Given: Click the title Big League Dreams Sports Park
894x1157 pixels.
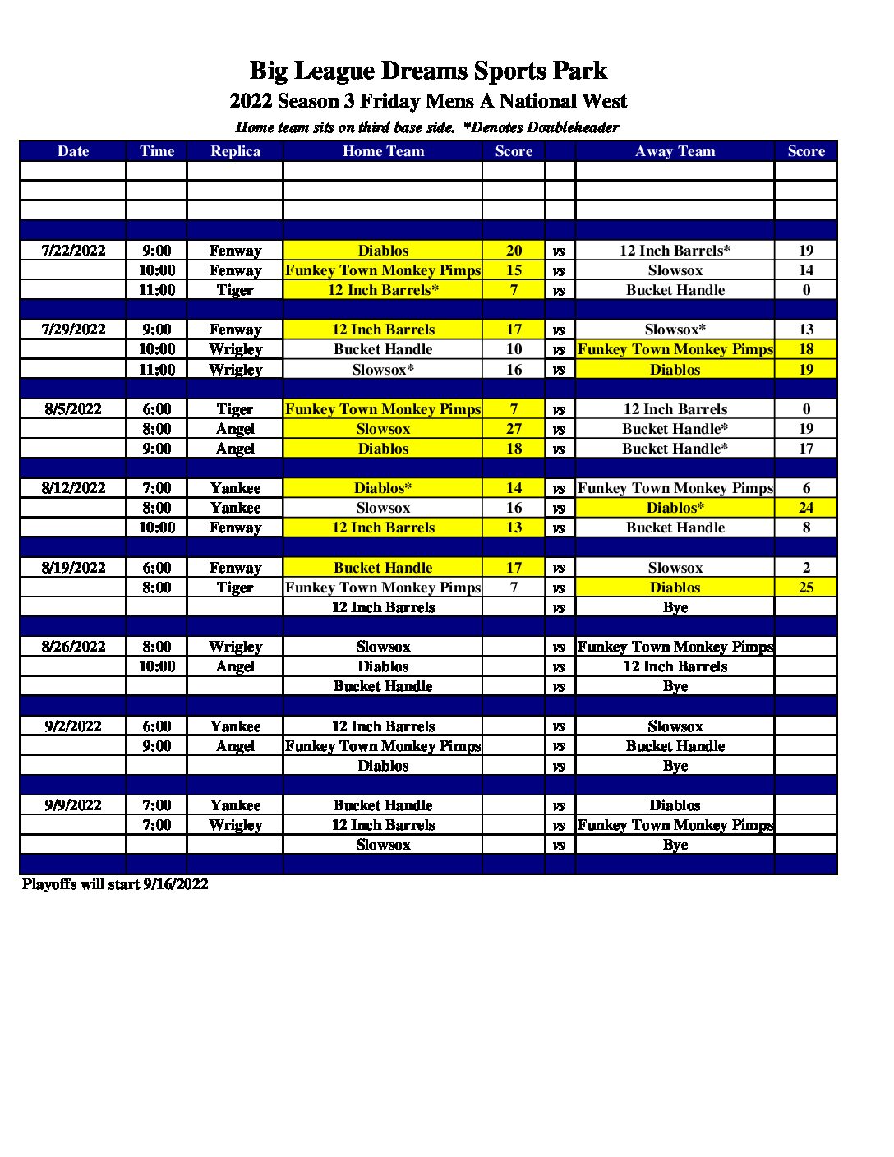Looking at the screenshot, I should tap(428, 71).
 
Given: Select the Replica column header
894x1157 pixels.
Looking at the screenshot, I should tap(235, 151).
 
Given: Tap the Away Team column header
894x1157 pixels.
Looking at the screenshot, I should tap(675, 151).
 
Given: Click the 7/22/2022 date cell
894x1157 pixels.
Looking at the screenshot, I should tap(73, 251).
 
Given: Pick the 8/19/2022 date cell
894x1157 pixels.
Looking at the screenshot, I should tap(73, 568).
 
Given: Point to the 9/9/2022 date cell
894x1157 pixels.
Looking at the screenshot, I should tap(73, 805).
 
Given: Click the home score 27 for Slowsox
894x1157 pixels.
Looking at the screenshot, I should tap(514, 429).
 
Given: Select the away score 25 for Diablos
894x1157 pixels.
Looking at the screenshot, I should tap(805, 588).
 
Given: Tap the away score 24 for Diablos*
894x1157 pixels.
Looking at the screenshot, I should tap(805, 508).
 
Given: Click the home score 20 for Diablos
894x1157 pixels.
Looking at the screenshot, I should tap(514, 251).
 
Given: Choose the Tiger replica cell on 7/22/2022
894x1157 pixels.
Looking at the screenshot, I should tap(235, 290).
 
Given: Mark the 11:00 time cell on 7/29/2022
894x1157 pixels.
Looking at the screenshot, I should tap(156, 370).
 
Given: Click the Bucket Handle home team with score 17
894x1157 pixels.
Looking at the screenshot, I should tap(383, 568).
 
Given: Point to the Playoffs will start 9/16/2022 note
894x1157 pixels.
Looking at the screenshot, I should tap(115, 884).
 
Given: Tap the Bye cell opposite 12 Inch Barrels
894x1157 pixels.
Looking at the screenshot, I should tap(675, 607).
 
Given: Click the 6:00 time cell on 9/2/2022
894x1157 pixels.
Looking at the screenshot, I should tap(156, 726).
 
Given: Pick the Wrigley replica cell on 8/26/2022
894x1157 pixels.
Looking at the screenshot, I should tap(235, 647).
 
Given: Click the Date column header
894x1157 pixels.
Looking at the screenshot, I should tap(73, 151).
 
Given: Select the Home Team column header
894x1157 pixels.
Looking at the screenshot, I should tap(383, 151).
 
